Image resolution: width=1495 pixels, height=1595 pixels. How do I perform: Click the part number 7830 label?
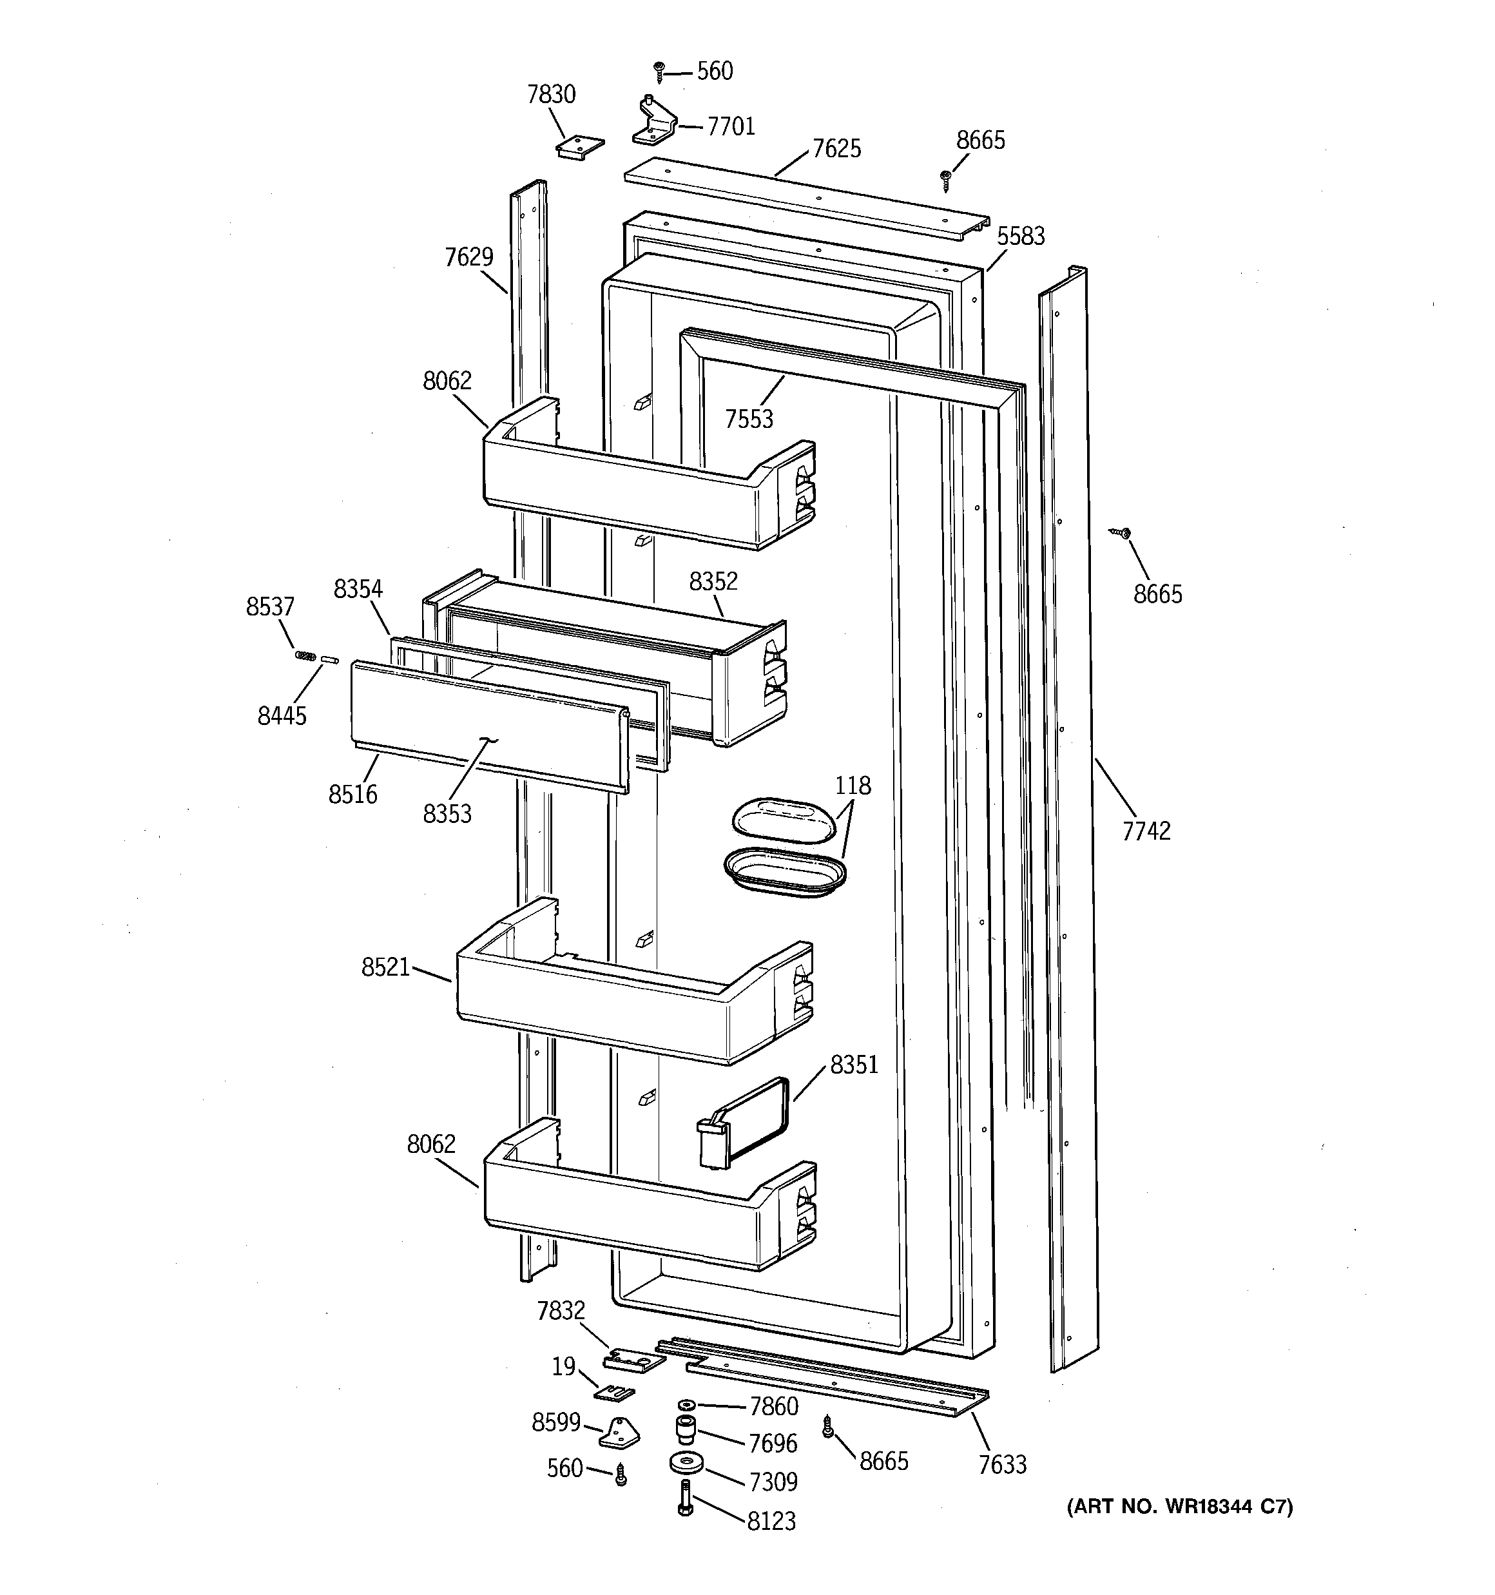(x=552, y=95)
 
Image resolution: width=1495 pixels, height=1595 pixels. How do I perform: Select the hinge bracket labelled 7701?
(x=654, y=122)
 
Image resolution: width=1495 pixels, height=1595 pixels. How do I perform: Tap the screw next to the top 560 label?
(x=660, y=72)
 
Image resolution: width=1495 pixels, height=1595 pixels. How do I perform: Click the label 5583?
(x=1021, y=236)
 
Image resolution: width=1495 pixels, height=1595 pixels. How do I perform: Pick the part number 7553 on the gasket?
(x=749, y=419)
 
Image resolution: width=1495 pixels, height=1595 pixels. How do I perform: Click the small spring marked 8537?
(x=305, y=655)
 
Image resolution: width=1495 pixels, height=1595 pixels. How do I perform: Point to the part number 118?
(x=853, y=785)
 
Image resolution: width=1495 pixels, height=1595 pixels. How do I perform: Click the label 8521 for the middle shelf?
(x=385, y=967)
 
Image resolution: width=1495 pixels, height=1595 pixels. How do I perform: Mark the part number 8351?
(x=854, y=1065)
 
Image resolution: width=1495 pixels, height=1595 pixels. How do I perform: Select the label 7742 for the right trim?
(x=1146, y=831)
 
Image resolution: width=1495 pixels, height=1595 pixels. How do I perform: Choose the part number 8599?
(x=555, y=1422)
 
